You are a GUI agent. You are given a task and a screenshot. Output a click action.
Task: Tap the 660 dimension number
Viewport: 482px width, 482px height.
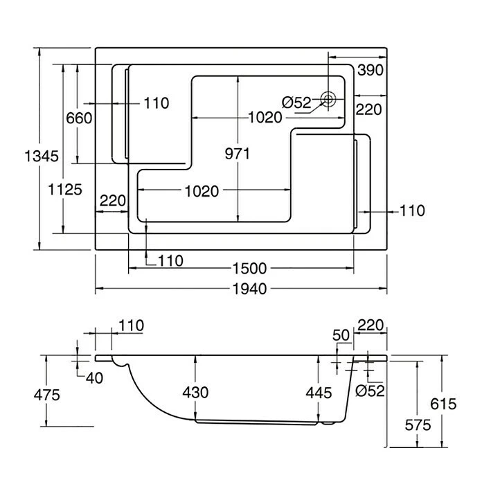pos(79,118)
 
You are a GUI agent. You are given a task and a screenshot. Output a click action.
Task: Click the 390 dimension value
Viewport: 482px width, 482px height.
pos(371,70)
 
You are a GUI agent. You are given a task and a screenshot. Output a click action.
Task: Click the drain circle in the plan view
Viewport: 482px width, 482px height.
pos(330,99)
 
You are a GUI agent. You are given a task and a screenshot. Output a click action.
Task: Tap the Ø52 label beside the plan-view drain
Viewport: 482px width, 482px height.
pos(298,102)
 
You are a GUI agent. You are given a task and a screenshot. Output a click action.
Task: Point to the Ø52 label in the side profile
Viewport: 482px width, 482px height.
pos(370,391)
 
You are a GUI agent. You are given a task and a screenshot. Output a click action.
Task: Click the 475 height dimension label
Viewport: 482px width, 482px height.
pos(46,395)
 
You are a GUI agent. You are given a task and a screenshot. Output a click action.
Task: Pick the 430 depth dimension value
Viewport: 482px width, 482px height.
pos(195,392)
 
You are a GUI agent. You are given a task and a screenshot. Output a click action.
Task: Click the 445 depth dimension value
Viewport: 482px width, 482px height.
pos(319,392)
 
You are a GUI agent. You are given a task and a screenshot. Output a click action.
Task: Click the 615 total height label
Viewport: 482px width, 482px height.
pos(443,404)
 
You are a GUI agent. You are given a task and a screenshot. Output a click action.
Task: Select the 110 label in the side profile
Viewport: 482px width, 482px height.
pos(130,325)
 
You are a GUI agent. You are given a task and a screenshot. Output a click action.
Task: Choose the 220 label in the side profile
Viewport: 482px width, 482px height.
pos(371,325)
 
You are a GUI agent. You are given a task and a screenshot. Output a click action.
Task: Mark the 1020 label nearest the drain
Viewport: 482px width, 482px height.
pos(265,117)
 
